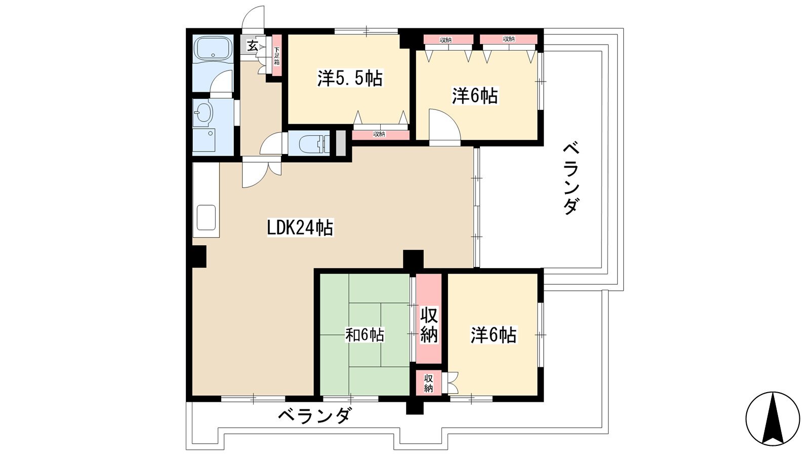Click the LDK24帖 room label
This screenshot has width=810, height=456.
(x=300, y=228)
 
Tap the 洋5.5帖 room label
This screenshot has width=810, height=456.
(x=350, y=78)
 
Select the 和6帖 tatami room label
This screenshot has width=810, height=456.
(x=365, y=335)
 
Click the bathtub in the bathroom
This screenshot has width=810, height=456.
(x=214, y=49)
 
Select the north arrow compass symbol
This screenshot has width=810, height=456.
(x=773, y=419)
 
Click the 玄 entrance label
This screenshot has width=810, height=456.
(x=252, y=46)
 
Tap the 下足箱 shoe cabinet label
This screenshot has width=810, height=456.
(x=276, y=56)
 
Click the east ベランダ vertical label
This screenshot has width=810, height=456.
(x=571, y=179)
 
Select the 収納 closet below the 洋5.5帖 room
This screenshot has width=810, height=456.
(x=380, y=135)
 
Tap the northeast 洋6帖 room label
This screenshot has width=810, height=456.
(x=475, y=96)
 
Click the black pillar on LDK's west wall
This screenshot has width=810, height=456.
(x=199, y=256)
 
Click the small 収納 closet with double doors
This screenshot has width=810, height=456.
(x=428, y=383)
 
